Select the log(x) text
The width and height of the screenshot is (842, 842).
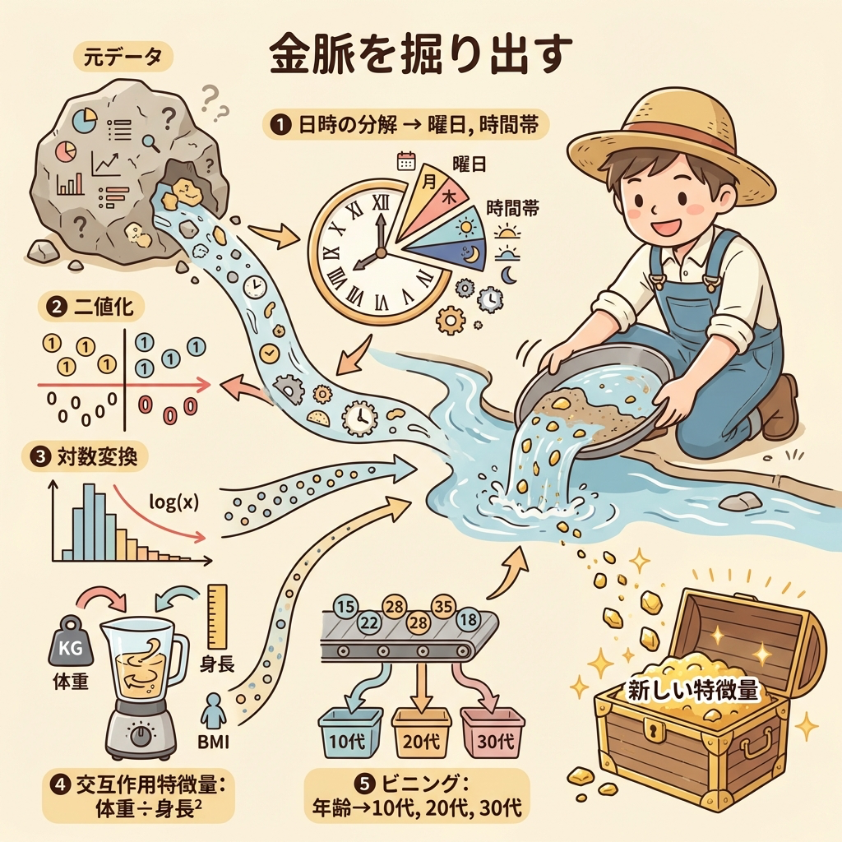173,502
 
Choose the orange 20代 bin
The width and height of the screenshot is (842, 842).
421,733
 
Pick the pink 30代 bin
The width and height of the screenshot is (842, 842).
492,733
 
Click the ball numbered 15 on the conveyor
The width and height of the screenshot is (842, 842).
346,608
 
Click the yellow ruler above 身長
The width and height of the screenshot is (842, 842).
217,617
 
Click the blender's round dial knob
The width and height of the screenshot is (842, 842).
141,736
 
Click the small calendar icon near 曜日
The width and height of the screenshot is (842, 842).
406,160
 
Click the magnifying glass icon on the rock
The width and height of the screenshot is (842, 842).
151,141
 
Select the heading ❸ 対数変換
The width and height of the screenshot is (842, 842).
85,457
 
